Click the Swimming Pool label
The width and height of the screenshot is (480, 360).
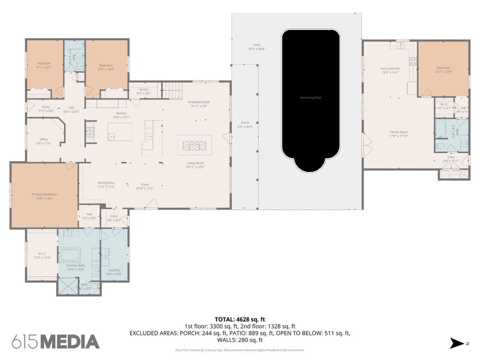click(x=310, y=98)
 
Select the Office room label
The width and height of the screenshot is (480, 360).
click(x=44, y=141)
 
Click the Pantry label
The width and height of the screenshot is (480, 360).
click(x=143, y=91)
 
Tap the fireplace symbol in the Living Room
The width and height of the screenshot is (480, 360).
click(x=194, y=145)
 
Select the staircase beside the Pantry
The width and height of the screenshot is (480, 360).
click(x=173, y=91)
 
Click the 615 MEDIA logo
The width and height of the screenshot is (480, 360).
click(x=55, y=341)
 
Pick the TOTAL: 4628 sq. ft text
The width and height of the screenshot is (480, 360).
click(x=239, y=319)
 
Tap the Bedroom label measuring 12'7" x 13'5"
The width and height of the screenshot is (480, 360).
click(x=443, y=69)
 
